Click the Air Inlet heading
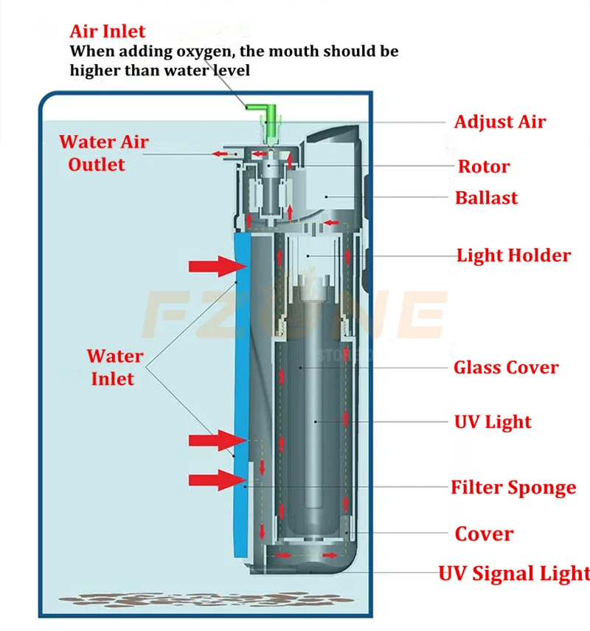pyautogui.click(x=108, y=32)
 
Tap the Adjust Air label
pyautogui.click(x=499, y=122)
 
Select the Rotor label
pyautogui.click(x=484, y=166)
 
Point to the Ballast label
pyautogui.click(x=486, y=198)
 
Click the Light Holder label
pyautogui.click(x=513, y=256)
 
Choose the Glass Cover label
pyautogui.click(x=506, y=368)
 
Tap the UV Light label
pyautogui.click(x=492, y=422)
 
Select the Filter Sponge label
pyautogui.click(x=513, y=487)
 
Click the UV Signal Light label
pyautogui.click(x=514, y=573)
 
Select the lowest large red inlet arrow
pyautogui.click(x=214, y=480)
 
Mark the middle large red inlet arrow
pyautogui.click(x=214, y=441)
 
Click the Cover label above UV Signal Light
pyautogui.click(x=484, y=534)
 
